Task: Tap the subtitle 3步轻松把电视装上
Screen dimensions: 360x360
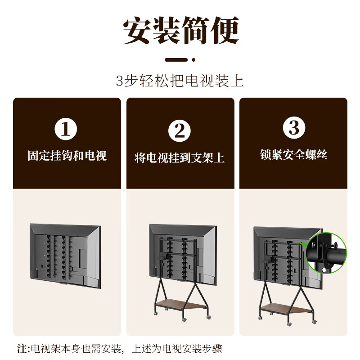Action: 180,81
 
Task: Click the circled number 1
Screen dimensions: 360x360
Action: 66,130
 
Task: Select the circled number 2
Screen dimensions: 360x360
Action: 180,131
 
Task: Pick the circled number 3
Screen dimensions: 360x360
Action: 294,128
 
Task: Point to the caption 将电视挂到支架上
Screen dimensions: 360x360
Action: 180,158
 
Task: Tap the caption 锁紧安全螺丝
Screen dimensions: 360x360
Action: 294,155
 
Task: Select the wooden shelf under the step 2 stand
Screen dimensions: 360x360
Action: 182,305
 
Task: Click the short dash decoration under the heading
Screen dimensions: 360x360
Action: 176,59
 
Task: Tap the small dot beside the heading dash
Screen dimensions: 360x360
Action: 193,59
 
